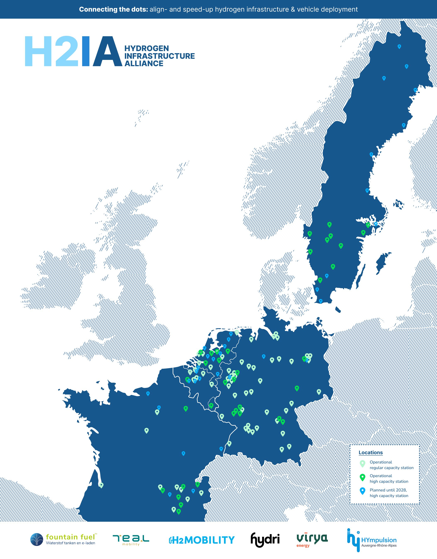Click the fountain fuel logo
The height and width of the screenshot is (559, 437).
click(63, 539)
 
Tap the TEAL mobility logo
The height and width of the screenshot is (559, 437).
click(131, 540)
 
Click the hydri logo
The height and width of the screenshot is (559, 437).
click(265, 539)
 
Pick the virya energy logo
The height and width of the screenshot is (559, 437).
click(312, 539)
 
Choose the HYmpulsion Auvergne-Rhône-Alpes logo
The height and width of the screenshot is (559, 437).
click(372, 540)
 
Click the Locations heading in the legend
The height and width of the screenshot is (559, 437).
click(370, 453)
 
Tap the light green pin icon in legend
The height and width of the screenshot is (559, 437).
click(362, 463)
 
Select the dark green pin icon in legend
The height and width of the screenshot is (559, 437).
click(362, 477)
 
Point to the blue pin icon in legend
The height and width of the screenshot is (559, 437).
click(362, 491)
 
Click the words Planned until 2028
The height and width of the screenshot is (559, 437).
click(388, 490)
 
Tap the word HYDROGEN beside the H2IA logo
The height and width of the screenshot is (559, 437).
click(146, 48)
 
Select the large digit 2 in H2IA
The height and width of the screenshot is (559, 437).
click(67, 51)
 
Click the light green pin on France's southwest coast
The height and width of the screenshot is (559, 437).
click(101, 485)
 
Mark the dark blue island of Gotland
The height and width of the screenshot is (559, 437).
click(382, 262)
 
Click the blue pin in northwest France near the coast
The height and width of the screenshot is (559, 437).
click(148, 393)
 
